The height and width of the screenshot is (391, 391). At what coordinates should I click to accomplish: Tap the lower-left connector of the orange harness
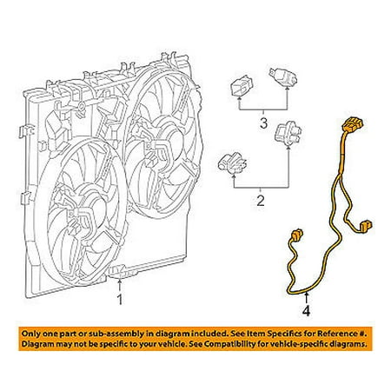(295, 235)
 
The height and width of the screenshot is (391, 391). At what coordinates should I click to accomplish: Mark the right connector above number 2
(283, 135)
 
